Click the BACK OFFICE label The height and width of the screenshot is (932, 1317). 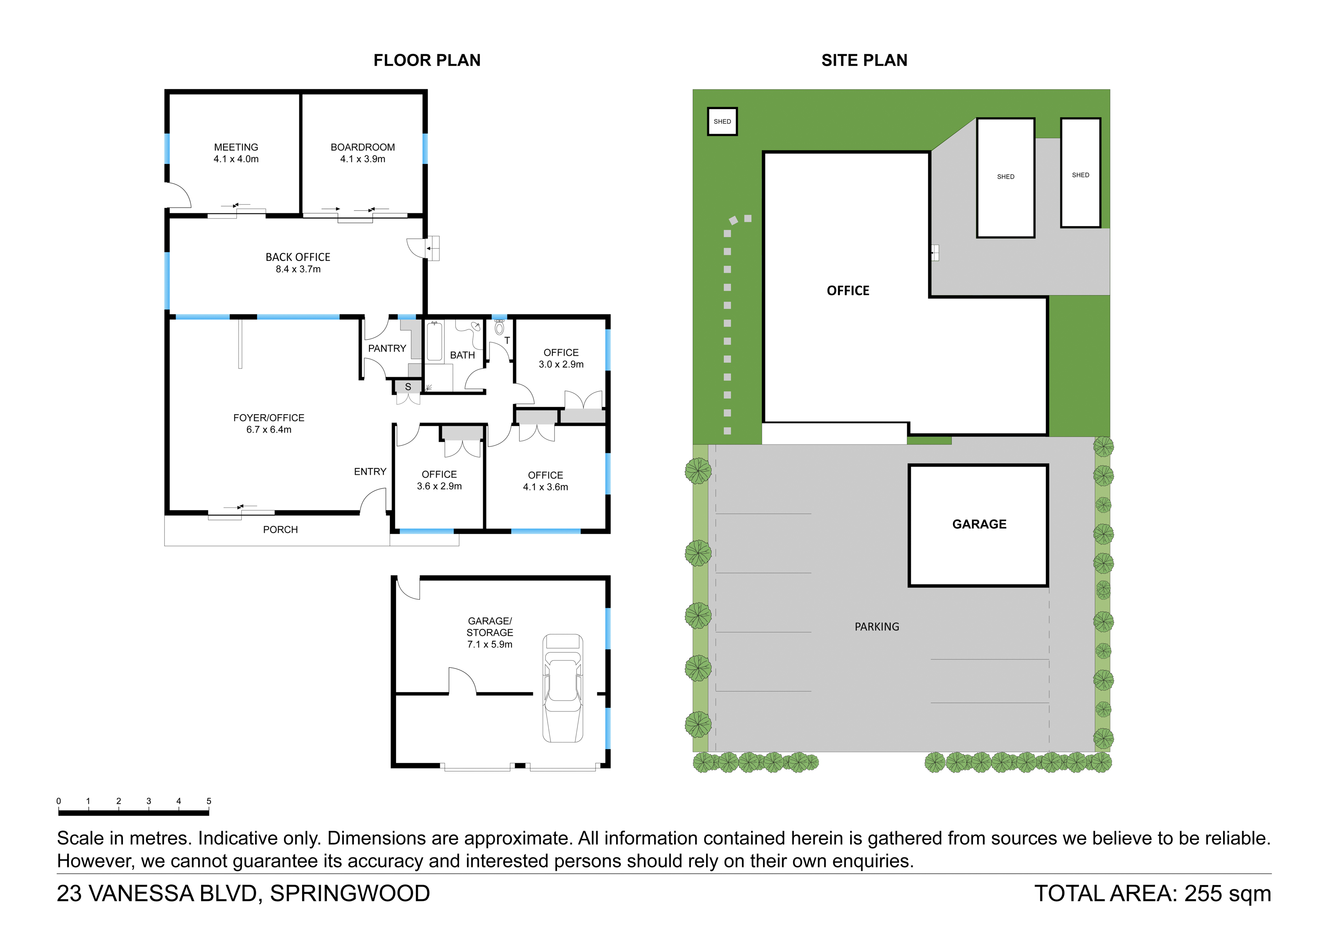(298, 257)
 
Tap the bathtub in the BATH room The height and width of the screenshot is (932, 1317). (434, 341)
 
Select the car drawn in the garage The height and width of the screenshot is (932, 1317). (563, 688)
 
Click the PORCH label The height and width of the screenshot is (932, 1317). (281, 530)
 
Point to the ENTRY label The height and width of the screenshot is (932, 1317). (370, 472)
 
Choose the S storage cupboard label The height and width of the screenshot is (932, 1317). (408, 387)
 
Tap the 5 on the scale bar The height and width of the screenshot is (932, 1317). (209, 801)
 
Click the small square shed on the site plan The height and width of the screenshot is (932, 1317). (722, 121)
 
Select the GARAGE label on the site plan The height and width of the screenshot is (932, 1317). (979, 524)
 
